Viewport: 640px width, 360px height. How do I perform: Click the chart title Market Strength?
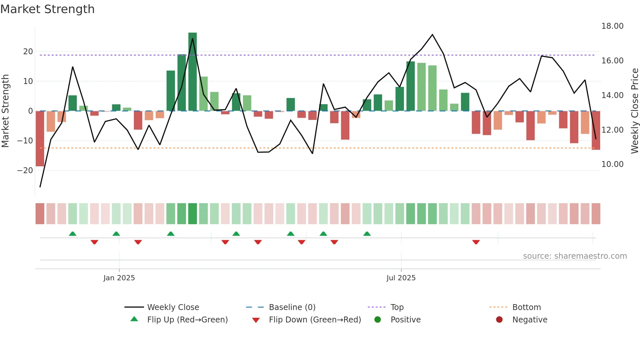(48, 9)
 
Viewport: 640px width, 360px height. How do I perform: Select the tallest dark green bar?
(193, 72)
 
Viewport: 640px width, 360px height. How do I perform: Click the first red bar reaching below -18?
(40, 139)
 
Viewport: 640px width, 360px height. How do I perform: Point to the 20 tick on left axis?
(28, 52)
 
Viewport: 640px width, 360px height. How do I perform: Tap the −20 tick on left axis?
(25, 171)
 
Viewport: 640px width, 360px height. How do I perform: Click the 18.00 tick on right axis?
(612, 26)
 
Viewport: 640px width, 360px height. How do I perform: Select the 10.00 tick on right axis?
(612, 164)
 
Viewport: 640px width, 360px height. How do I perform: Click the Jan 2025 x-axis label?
(119, 278)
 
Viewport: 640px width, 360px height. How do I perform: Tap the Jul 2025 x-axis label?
(401, 278)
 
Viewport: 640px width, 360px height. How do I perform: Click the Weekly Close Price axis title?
(635, 111)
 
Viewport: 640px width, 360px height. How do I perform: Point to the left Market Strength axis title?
(5, 111)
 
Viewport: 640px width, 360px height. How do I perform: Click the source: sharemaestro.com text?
(575, 256)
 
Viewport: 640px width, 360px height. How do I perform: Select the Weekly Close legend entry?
(173, 307)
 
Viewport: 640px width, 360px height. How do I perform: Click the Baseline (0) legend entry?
(292, 307)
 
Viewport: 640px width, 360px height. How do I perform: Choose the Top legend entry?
(397, 307)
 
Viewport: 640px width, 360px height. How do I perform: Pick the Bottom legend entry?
(526, 307)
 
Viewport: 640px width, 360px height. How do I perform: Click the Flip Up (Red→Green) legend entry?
(187, 320)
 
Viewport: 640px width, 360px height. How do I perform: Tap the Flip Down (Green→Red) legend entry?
(315, 320)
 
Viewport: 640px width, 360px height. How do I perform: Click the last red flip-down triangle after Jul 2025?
(476, 242)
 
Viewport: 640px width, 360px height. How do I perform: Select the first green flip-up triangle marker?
(72, 234)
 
